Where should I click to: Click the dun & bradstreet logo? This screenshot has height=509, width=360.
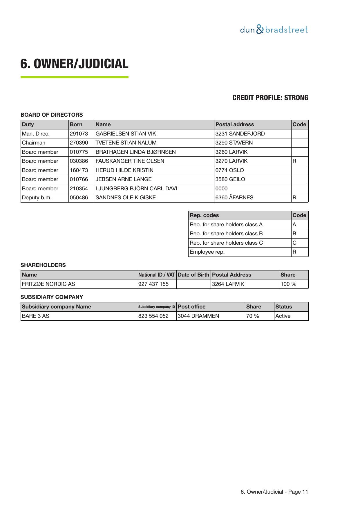274,30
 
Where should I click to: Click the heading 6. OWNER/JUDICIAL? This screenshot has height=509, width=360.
74,64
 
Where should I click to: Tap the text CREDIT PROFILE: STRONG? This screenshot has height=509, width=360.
270,98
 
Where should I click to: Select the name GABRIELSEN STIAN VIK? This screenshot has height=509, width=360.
126,134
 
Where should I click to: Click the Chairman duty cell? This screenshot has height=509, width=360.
34,143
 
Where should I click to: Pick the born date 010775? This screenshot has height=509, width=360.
79,152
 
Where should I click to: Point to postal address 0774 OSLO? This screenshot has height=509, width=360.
229,170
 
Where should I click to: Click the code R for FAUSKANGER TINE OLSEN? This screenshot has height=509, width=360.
294,161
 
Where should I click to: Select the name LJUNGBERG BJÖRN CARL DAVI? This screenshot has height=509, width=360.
136,189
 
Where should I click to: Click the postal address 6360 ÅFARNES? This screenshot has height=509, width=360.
234,198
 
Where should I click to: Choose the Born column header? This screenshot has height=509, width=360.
76,124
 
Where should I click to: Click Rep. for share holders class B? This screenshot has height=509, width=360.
226,234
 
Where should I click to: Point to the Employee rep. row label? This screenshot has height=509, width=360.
207,252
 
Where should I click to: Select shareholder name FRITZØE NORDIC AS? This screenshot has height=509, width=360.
48,284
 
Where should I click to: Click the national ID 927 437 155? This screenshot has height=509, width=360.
153,284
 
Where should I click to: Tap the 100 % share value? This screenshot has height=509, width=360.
288,284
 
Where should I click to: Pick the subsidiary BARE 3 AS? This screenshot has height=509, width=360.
35,316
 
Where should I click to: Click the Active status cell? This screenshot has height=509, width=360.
283,316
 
